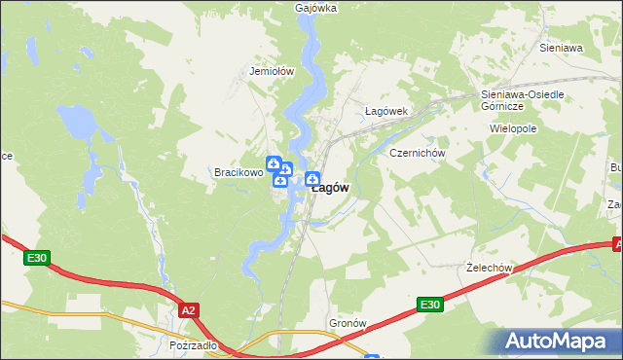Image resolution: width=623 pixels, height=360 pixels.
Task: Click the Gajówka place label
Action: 315,8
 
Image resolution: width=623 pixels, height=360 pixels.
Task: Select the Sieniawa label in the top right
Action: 560,47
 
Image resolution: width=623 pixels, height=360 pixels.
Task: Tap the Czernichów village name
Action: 417,154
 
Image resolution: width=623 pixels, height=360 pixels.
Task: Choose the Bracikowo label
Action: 238,173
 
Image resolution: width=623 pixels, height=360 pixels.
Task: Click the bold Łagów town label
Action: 330,189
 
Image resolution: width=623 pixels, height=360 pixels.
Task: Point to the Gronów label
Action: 348,322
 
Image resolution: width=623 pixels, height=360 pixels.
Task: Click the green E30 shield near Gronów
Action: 429,306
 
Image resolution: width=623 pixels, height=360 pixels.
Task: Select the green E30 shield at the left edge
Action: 37,258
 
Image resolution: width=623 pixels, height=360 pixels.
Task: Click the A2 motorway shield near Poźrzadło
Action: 190,310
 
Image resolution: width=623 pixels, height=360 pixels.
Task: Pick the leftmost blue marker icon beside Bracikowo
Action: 275,162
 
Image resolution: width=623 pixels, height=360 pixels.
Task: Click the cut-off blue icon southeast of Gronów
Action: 371,356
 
